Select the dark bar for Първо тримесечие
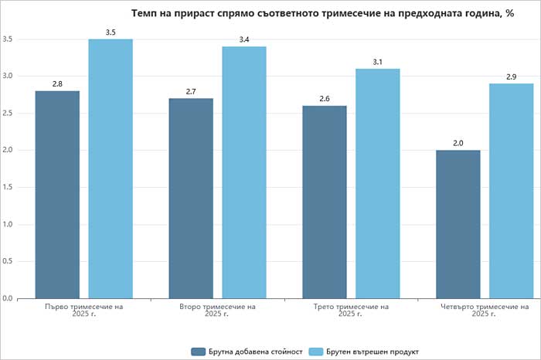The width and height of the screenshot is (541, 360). point(57,194)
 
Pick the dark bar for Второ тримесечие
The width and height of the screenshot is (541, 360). point(191,198)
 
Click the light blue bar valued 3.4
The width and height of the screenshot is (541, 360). point(244,172)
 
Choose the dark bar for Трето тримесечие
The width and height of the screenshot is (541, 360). point(325,202)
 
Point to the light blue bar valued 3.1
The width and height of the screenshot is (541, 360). point(378,183)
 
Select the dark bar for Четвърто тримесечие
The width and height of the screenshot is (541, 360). point(458,224)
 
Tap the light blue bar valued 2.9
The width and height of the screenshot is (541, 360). point(512,191)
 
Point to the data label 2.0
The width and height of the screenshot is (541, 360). point(458,143)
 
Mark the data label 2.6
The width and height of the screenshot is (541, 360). point(325,99)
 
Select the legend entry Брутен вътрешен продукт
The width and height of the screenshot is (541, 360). point(369,352)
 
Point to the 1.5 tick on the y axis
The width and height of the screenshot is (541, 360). point(7,187)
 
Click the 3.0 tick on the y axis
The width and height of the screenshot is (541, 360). point(7,76)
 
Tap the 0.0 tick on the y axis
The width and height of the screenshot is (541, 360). point(7,298)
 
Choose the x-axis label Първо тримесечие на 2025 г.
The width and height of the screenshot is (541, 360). point(84,310)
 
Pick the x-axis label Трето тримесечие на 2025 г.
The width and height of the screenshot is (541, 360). point(352,310)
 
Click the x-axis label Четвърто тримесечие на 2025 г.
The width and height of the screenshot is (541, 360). point(485,310)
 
